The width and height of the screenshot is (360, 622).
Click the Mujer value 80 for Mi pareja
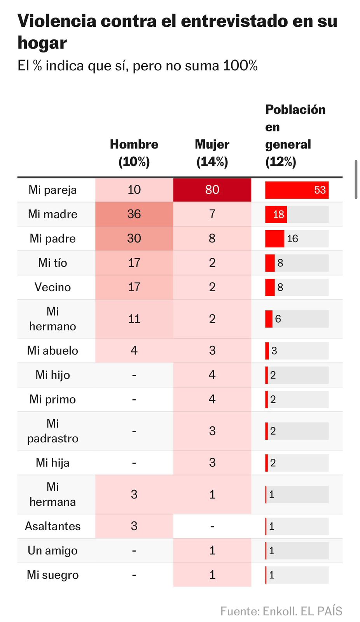[212, 190]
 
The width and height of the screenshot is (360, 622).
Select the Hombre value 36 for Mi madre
[134, 214]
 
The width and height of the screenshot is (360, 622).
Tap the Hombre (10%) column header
[134, 153]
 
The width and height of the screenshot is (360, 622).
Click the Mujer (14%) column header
[212, 153]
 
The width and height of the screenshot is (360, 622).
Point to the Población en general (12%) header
[295, 135]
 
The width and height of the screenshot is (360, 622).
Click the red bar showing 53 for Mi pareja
[297, 190]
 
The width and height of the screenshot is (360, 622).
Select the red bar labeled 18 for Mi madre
[276, 214]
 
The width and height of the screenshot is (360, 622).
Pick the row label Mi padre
[52, 238]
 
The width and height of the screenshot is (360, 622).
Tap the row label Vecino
[52, 287]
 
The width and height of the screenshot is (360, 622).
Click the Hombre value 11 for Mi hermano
[134, 319]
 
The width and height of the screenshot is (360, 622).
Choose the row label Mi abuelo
[52, 351]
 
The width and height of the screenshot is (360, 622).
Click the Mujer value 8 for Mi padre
[212, 238]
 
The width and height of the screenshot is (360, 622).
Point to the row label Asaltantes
[52, 526]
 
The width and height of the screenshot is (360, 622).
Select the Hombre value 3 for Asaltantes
[134, 526]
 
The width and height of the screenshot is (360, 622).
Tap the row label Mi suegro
[52, 575]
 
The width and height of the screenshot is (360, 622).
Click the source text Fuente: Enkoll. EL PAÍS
[281, 611]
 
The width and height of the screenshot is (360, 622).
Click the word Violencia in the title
[57, 21]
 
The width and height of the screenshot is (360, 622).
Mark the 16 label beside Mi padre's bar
[292, 239]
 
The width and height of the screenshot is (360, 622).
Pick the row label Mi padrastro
[52, 431]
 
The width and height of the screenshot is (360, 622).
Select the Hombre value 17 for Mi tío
[134, 263]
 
